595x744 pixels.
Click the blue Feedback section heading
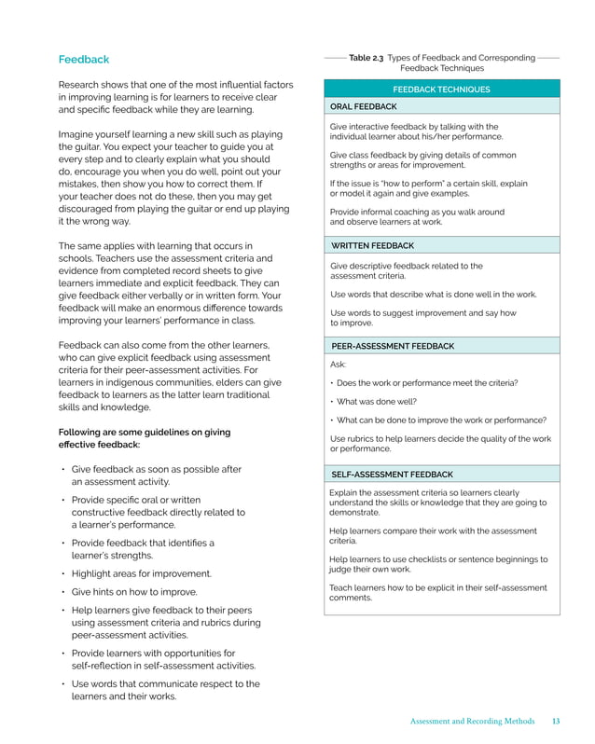[84, 60]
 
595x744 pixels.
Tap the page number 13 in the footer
[556, 721]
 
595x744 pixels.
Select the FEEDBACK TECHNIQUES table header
[441, 90]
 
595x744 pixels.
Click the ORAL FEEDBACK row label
[363, 107]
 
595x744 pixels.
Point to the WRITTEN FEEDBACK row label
[372, 245]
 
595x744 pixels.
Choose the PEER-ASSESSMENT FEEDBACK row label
[393, 346]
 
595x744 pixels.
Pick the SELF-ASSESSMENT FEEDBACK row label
[392, 474]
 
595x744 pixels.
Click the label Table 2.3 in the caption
[366, 58]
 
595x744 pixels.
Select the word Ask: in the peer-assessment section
[339, 365]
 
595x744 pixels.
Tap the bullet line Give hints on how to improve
[134, 592]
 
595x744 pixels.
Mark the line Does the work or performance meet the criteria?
[427, 383]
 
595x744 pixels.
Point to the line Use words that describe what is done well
[434, 294]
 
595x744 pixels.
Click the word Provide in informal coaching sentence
[347, 212]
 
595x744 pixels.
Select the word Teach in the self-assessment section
[342, 587]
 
